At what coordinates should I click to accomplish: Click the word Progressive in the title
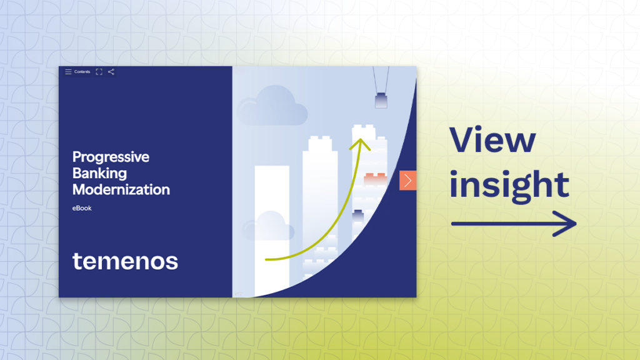tap(111, 157)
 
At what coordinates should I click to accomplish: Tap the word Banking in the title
tap(99, 173)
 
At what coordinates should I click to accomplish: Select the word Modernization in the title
tap(121, 189)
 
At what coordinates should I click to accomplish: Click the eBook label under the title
tap(82, 207)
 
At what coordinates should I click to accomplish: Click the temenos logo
tap(125, 261)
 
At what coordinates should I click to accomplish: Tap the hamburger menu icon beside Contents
tap(68, 72)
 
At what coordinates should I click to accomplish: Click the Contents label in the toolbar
tap(82, 72)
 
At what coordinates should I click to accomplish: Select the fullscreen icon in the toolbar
tap(99, 72)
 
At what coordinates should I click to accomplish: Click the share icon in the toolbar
tap(111, 72)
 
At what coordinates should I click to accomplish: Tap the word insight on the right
tap(509, 184)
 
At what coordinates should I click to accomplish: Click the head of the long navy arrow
tap(569, 223)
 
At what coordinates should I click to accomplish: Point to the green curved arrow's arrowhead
tap(361, 143)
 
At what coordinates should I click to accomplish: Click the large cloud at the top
tap(273, 106)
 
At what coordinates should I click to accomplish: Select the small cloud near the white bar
tap(270, 226)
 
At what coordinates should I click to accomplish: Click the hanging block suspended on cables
tap(380, 100)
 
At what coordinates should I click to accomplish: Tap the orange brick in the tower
tap(376, 179)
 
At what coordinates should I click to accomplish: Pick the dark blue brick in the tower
tap(358, 216)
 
